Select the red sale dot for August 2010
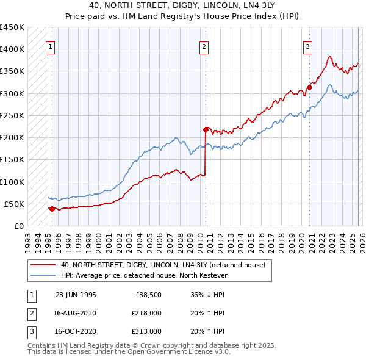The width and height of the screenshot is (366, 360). tap(206, 129)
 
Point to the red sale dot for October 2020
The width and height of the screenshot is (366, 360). tap(309, 87)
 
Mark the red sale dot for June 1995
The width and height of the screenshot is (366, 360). tap(52, 209)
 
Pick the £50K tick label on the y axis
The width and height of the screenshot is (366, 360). tap(14, 204)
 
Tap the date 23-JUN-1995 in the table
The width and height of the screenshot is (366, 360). tap(76, 295)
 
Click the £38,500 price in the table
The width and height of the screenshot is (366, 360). tap(148, 295)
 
